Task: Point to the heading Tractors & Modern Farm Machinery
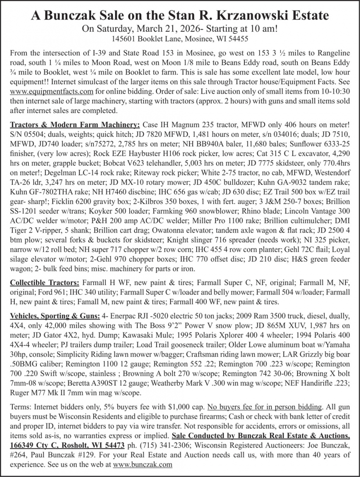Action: tap(75, 125)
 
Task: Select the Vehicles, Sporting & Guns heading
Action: tap(55, 316)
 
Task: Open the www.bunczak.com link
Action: tap(143, 464)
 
